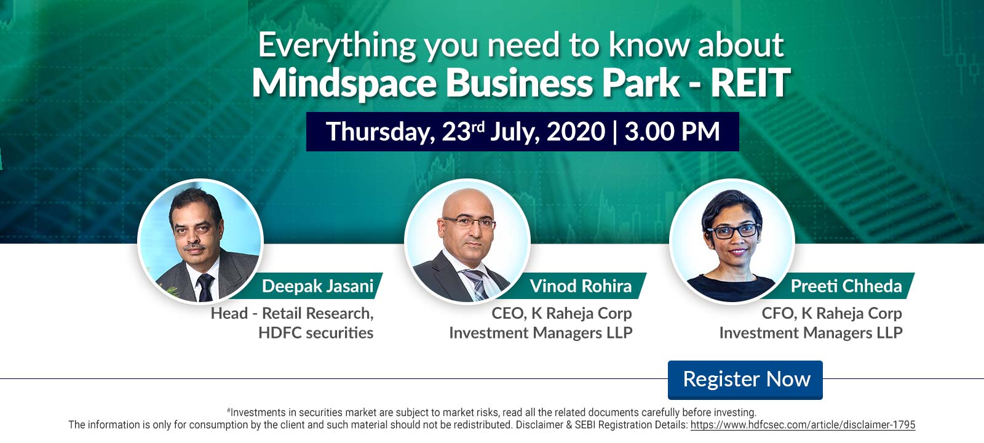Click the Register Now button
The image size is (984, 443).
(745, 380)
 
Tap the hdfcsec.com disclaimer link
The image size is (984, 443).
(803, 425)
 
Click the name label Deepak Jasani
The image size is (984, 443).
(317, 286)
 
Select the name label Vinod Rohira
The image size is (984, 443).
(581, 286)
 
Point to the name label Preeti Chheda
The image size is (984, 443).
(846, 286)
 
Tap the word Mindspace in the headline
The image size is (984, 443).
(344, 84)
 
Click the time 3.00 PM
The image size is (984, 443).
(672, 132)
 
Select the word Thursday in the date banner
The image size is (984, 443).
(381, 132)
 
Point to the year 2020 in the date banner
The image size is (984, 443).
(576, 132)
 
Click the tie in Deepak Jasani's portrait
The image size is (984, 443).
(205, 287)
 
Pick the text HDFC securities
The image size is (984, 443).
(316, 333)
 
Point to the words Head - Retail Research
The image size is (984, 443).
(292, 314)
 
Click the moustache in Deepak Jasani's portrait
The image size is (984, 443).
(194, 247)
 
